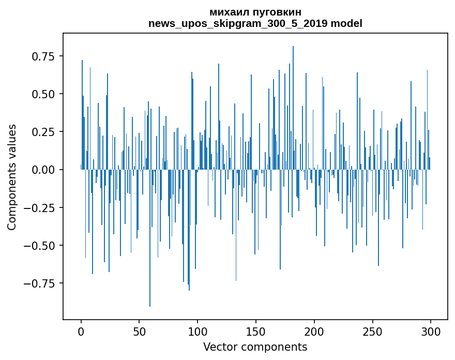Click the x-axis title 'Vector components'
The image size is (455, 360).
pyautogui.click(x=255, y=347)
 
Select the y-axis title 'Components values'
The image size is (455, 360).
pyautogui.click(x=12, y=177)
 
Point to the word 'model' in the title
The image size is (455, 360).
pyautogui.click(x=346, y=23)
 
